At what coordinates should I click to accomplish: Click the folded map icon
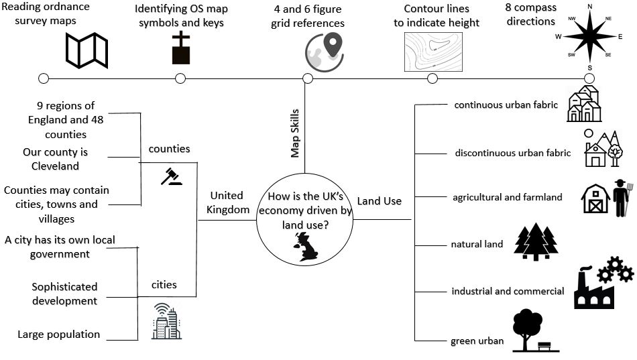[86, 50]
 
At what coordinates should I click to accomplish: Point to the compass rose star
[589, 36]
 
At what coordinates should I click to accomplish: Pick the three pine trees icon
[536, 242]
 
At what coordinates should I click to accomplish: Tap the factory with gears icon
[602, 282]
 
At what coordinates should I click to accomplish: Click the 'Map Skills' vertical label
[295, 133]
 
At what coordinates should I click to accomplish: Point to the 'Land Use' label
[380, 201]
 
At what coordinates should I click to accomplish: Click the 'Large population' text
[59, 335]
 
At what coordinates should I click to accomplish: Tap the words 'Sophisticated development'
[64, 294]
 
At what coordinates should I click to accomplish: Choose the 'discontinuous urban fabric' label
[513, 153]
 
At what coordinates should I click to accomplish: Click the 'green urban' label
[477, 341]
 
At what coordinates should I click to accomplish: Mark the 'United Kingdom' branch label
[227, 202]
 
